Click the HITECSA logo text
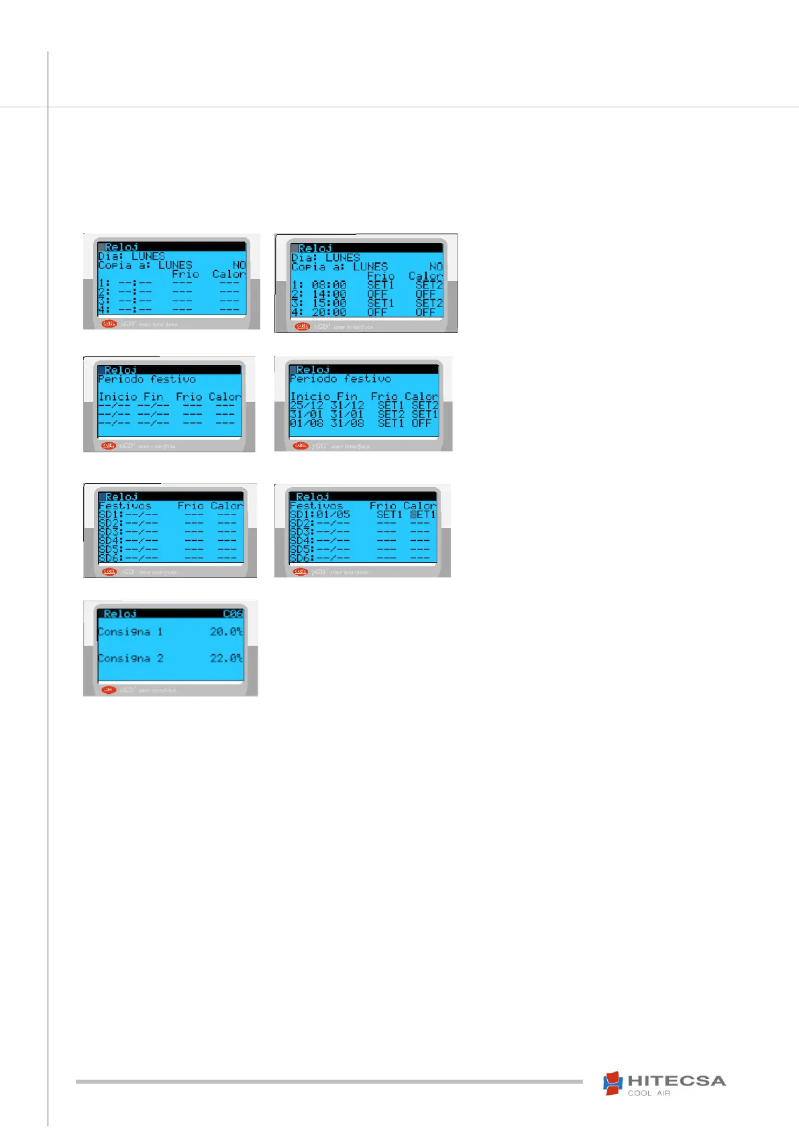676,1081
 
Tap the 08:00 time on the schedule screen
329,285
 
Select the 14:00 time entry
329,294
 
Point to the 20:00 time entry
329,312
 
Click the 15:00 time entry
329,303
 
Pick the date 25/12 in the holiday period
307,405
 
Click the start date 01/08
307,423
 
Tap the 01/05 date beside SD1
333,515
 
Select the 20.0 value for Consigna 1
226,631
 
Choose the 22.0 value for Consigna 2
226,658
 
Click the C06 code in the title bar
232,614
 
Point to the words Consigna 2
131,658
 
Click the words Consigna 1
131,631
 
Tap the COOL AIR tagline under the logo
649,1093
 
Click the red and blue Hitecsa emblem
612,1083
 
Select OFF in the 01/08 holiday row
421,423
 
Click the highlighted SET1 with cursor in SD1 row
423,515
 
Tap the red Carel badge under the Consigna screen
108,690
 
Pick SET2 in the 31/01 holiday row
390,414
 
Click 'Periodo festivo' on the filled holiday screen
340,379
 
